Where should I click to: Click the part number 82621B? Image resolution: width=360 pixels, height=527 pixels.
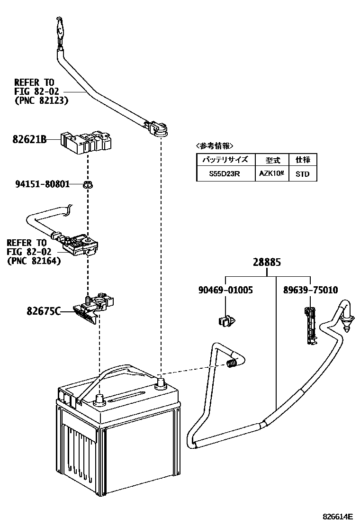(x=29, y=140)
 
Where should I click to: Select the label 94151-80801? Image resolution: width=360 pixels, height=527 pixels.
(x=42, y=183)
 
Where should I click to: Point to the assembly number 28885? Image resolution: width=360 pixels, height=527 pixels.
(x=267, y=262)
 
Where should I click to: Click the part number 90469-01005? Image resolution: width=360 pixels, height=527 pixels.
(x=225, y=290)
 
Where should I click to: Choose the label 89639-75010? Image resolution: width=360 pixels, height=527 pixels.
(x=310, y=290)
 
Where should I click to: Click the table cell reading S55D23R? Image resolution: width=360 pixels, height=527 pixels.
(x=225, y=174)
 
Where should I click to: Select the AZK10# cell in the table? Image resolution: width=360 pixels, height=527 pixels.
(x=271, y=174)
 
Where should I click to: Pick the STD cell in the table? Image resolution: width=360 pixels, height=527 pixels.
(x=302, y=174)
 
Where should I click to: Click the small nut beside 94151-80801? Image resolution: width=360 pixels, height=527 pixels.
(x=87, y=184)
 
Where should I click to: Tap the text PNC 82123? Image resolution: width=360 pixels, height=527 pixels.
(x=41, y=100)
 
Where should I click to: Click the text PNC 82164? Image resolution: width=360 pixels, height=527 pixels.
(x=34, y=261)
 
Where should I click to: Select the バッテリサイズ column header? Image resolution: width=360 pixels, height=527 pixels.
(x=225, y=159)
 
